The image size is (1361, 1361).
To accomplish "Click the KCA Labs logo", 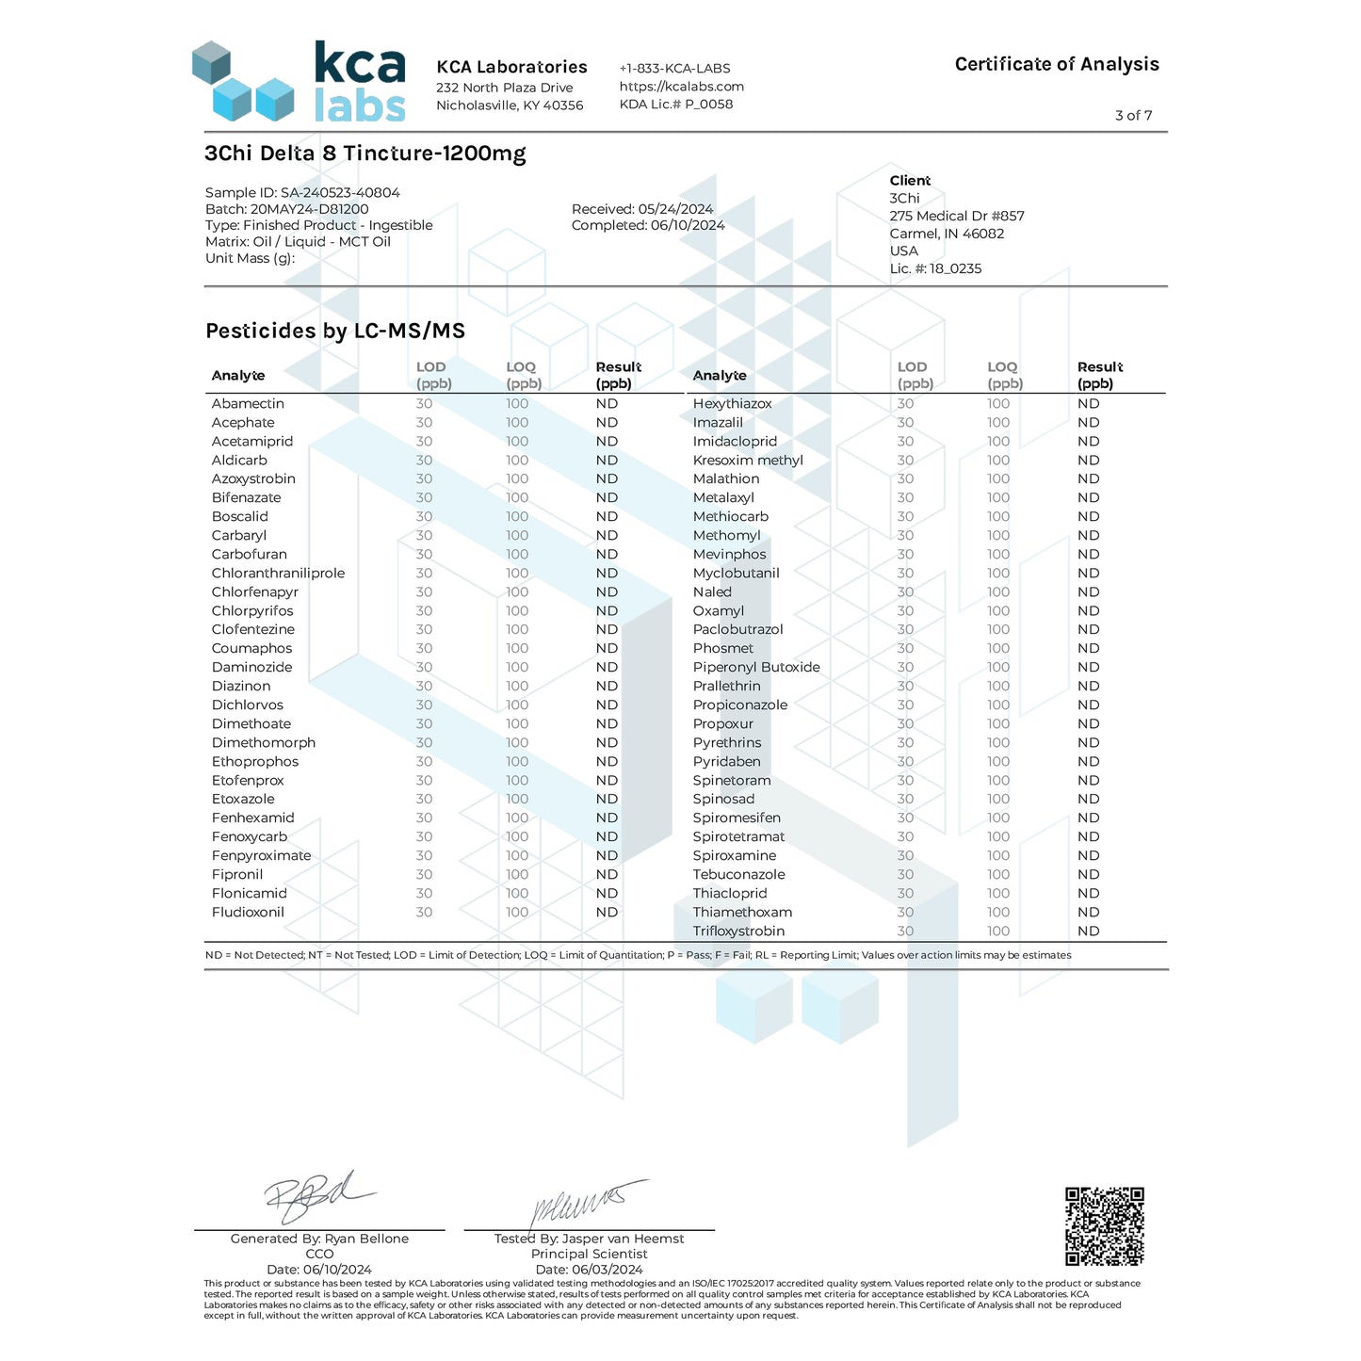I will coord(300,82).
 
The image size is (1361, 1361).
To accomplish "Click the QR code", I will coord(1104,1225).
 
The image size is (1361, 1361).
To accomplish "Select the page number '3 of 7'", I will coord(1133,115).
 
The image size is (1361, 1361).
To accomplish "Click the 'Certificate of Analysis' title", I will coord(1056,64).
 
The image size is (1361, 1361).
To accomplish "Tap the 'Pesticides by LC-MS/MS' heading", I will coord(335,331).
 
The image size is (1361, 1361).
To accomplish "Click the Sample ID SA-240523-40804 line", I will coord(302,192).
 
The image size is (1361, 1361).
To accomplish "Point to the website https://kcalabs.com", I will coord(681,86).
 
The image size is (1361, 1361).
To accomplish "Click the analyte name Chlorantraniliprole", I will coord(278,573).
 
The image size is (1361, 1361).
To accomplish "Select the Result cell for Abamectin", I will coord(607,403).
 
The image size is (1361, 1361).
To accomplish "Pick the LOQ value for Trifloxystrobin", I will coord(997,931).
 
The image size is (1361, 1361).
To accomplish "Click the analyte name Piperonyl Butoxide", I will coord(756,667).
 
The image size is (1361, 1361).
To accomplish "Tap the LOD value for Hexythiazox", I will coord(905,403).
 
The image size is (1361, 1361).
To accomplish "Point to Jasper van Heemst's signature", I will coord(589,1202).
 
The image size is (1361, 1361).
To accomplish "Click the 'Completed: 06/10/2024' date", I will coord(648,225).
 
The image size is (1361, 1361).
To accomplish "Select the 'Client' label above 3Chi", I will coord(909,180).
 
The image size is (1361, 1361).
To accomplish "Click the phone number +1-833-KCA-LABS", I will coord(674,68).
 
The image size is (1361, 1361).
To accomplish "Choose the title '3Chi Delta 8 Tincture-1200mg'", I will coord(365,153).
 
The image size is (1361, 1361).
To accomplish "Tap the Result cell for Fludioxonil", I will coord(607,912).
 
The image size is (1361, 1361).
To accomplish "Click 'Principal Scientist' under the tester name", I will coord(589,1254).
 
